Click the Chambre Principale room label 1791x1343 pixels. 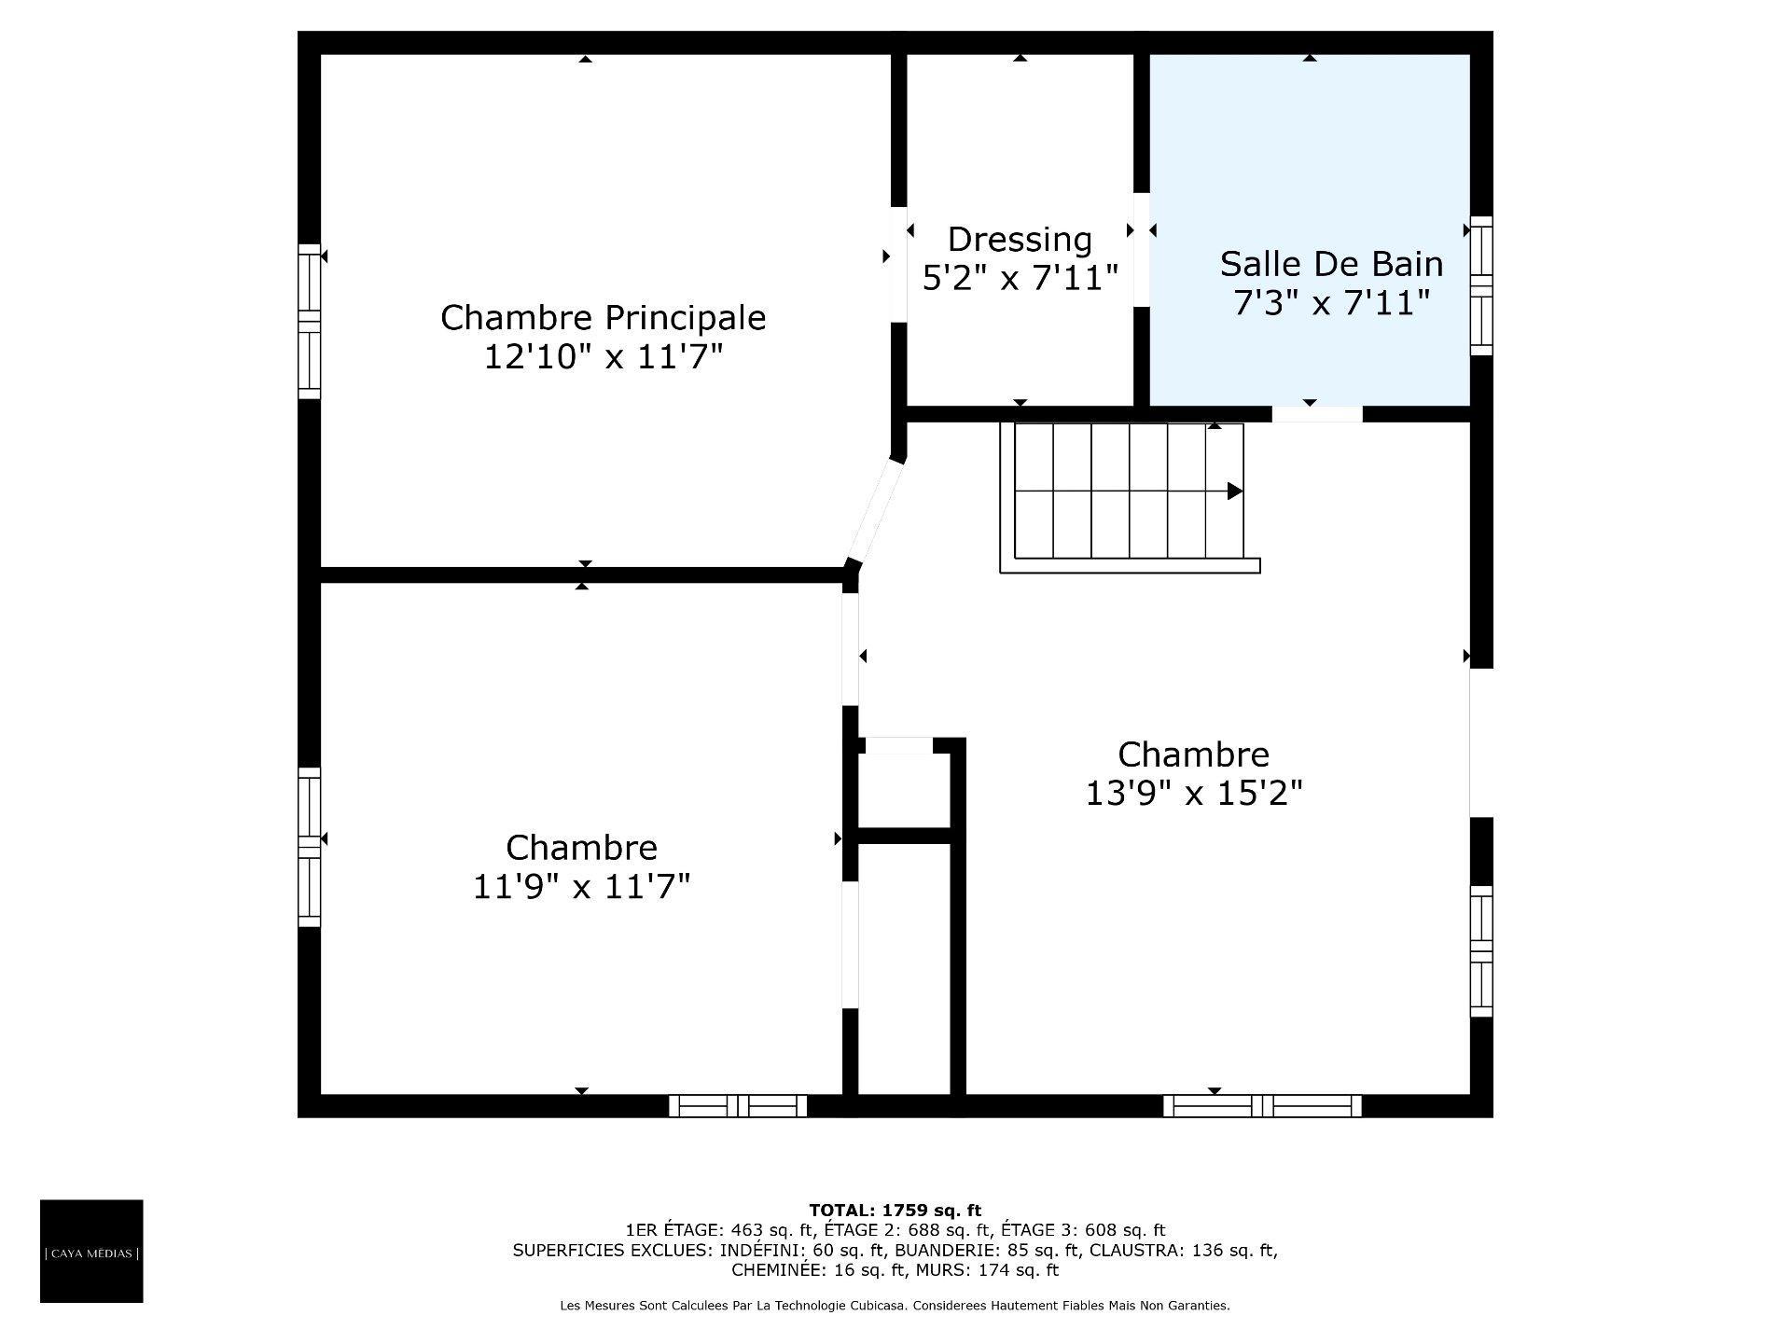coord(603,318)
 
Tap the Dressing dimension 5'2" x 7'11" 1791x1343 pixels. coord(1020,278)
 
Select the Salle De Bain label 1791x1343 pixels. coord(1331,264)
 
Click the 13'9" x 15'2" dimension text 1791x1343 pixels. coord(1193,794)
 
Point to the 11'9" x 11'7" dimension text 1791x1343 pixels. coord(581,887)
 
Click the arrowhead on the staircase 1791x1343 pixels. coord(1234,491)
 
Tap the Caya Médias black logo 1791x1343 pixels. coord(91,1251)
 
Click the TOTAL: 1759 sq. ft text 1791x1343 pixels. coord(895,1211)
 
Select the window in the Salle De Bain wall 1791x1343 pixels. coord(1480,285)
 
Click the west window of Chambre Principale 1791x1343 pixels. coord(309,321)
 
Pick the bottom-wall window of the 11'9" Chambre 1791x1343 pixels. coord(738,1106)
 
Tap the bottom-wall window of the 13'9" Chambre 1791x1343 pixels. coord(1262,1106)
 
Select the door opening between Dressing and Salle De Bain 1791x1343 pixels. coord(1141,249)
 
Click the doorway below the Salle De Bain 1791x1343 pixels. coord(1316,414)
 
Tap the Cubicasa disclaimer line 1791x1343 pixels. coord(895,1306)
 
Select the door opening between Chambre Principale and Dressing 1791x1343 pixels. coord(899,264)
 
